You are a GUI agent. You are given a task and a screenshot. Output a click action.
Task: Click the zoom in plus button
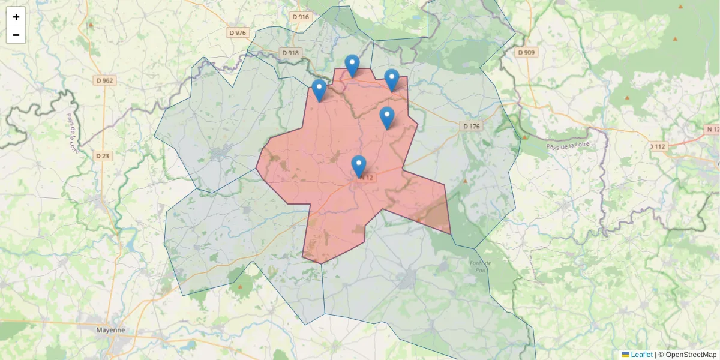tap(16, 17)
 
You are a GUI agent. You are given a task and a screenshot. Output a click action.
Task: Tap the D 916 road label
tap(301, 17)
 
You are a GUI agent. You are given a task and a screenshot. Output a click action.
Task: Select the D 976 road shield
tap(238, 32)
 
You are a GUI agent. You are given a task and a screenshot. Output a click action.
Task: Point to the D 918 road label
tap(290, 53)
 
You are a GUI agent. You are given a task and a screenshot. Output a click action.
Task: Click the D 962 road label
tap(104, 80)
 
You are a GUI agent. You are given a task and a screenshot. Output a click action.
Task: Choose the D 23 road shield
tap(103, 156)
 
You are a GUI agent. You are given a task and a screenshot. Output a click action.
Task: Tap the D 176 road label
tap(472, 126)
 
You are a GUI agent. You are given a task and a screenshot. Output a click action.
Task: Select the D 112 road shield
tap(658, 146)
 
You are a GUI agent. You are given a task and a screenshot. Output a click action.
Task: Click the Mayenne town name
tap(110, 330)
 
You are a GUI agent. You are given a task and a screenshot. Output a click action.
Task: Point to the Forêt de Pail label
tap(481, 266)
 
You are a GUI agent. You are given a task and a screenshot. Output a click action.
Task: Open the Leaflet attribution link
tap(641, 355)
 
